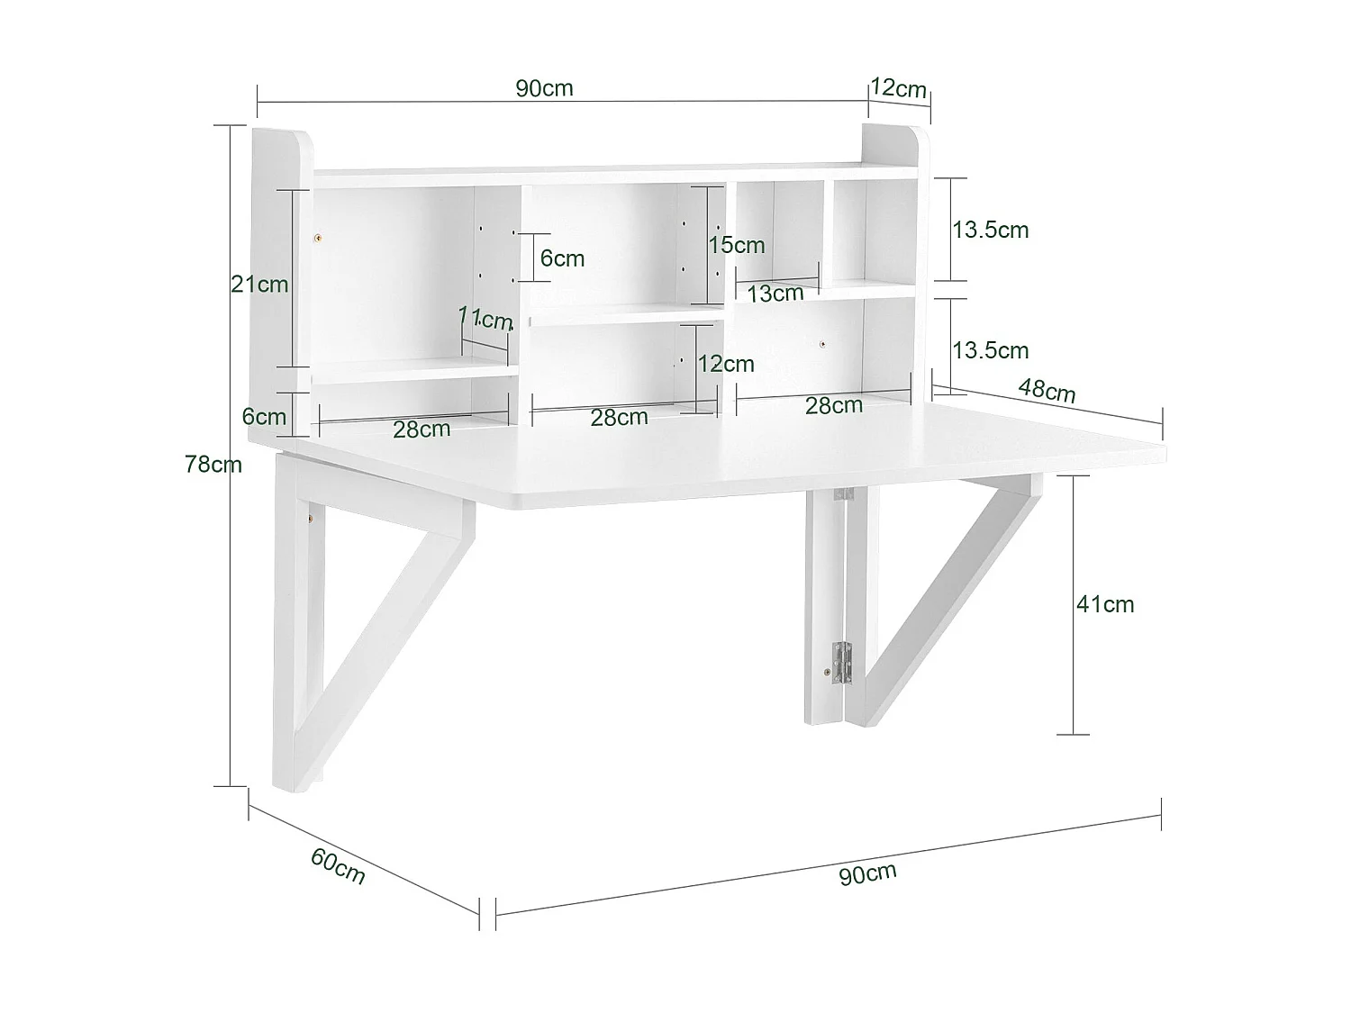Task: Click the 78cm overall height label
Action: tap(213, 465)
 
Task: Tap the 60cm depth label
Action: tap(338, 866)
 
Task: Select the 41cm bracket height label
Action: tap(1105, 604)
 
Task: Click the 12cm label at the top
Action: tap(898, 88)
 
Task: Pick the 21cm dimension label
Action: tap(259, 285)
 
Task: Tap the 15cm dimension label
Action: tap(736, 245)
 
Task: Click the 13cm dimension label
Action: tap(775, 293)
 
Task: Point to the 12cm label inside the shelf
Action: tap(726, 364)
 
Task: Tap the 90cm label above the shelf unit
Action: tap(544, 88)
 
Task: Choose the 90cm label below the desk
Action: tap(867, 873)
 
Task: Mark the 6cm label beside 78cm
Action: tap(264, 417)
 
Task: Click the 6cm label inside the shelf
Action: tap(562, 258)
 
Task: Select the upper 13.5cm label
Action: tap(991, 230)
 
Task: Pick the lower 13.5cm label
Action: tap(991, 350)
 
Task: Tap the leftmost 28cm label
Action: tap(422, 429)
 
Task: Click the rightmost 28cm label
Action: tap(833, 406)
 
